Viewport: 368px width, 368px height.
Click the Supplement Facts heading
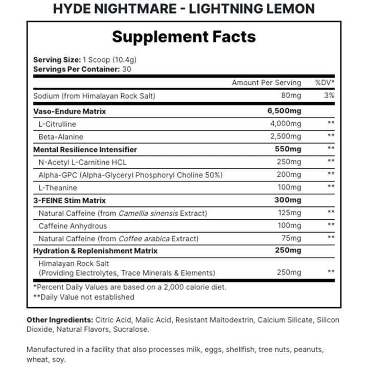tap(184, 37)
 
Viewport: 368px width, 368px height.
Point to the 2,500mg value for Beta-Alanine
tap(286, 136)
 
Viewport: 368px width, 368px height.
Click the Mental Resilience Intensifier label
tap(85, 149)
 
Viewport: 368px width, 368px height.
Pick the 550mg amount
tap(289, 149)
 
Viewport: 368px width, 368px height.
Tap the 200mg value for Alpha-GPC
tap(290, 175)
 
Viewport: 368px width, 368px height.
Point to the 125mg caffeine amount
tap(290, 213)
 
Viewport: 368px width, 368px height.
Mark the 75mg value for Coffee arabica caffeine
tap(291, 238)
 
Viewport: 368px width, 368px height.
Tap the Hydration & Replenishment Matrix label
tap(95, 251)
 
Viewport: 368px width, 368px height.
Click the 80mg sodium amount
tap(291, 96)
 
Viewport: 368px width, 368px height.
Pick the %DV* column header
tap(325, 82)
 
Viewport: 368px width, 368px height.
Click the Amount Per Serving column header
tap(266, 82)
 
